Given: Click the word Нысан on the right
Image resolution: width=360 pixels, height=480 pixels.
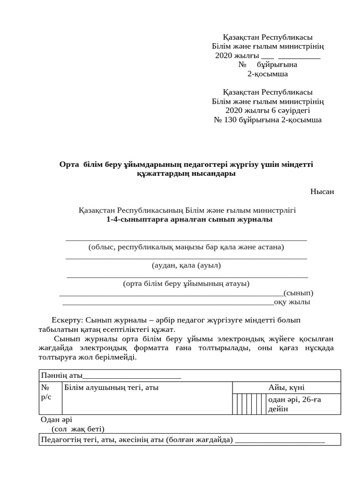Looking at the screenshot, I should click(x=322, y=192).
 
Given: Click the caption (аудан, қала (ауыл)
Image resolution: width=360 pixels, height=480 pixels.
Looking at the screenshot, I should click(x=186, y=265).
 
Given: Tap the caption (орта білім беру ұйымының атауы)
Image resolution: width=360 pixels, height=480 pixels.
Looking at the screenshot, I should click(x=186, y=284).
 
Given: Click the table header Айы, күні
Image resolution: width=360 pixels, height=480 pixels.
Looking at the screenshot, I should click(x=286, y=388).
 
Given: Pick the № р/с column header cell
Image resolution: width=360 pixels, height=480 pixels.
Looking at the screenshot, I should click(x=46, y=392).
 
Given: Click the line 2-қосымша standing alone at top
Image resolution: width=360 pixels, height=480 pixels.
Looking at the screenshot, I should click(x=268, y=74).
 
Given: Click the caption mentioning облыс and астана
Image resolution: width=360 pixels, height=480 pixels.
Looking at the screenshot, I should click(x=186, y=247).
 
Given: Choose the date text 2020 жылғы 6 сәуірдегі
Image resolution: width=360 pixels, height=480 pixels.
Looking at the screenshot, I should click(x=268, y=111).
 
